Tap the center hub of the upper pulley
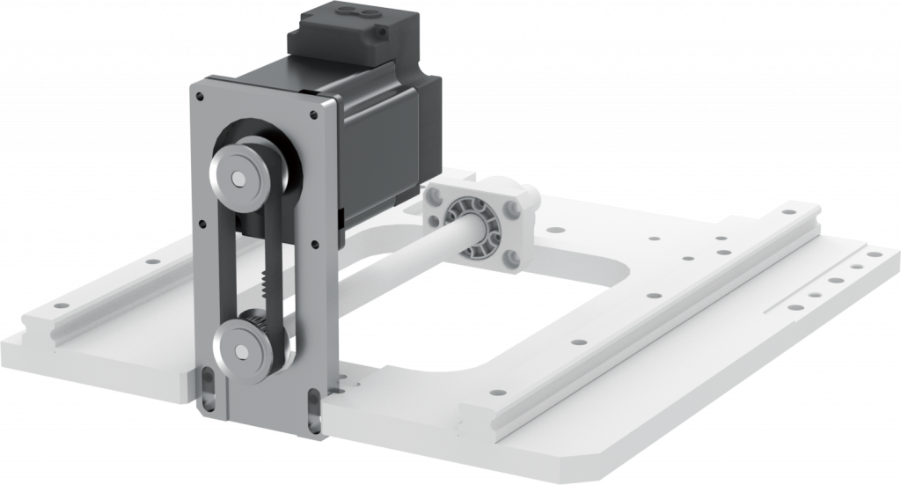238,179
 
